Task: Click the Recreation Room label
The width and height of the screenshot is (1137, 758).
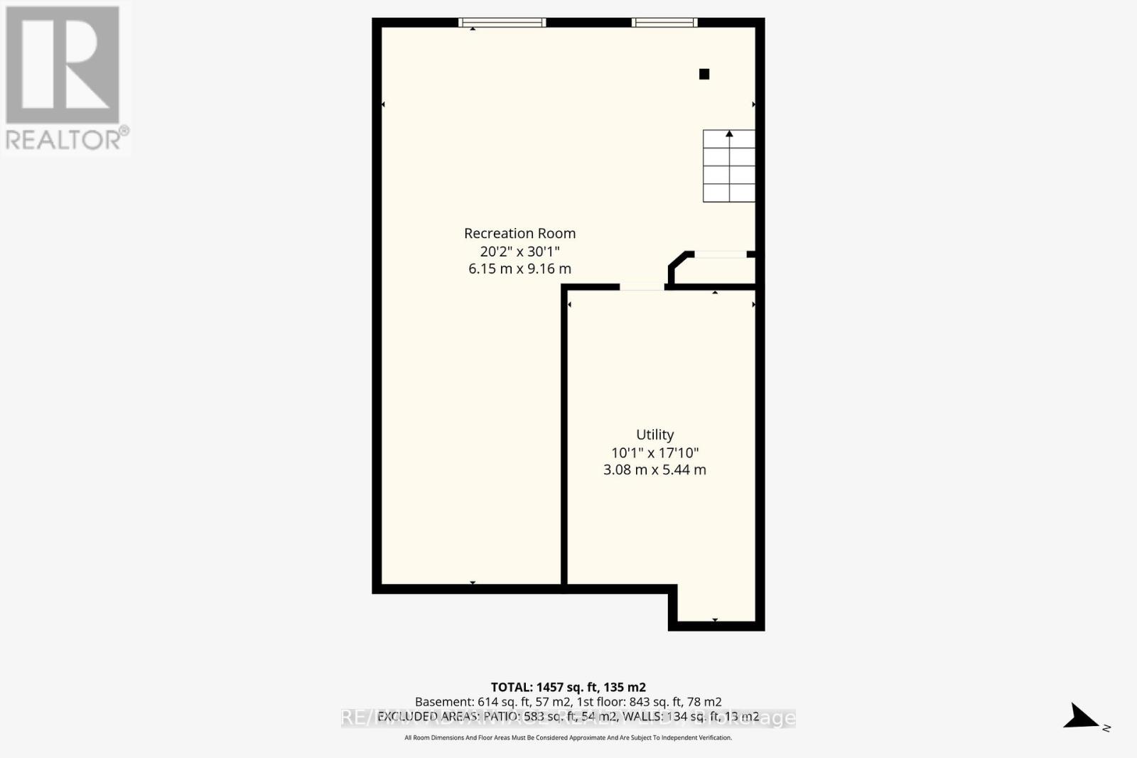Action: click(x=519, y=233)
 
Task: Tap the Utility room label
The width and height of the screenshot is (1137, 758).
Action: click(x=654, y=435)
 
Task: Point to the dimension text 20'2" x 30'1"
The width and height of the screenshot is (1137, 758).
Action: click(x=519, y=251)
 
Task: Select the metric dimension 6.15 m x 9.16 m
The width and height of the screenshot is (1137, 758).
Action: click(x=519, y=269)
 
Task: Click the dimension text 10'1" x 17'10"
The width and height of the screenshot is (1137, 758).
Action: click(x=654, y=453)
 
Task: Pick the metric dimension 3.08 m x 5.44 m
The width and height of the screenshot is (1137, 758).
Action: click(x=654, y=470)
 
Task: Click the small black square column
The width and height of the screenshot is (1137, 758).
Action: click(x=704, y=74)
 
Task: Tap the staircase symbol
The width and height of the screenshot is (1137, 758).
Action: click(x=728, y=167)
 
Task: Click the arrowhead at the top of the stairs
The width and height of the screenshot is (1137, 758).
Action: click(x=729, y=134)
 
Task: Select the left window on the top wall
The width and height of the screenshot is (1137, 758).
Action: click(x=502, y=23)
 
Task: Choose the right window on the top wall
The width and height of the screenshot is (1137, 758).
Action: click(x=664, y=23)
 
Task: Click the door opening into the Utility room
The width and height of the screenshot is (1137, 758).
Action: click(x=642, y=287)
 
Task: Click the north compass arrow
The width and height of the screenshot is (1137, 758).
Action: click(x=1084, y=717)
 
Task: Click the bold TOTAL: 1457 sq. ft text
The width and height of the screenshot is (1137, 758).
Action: click(x=568, y=687)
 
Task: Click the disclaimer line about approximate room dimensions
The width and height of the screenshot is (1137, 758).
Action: click(x=568, y=738)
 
